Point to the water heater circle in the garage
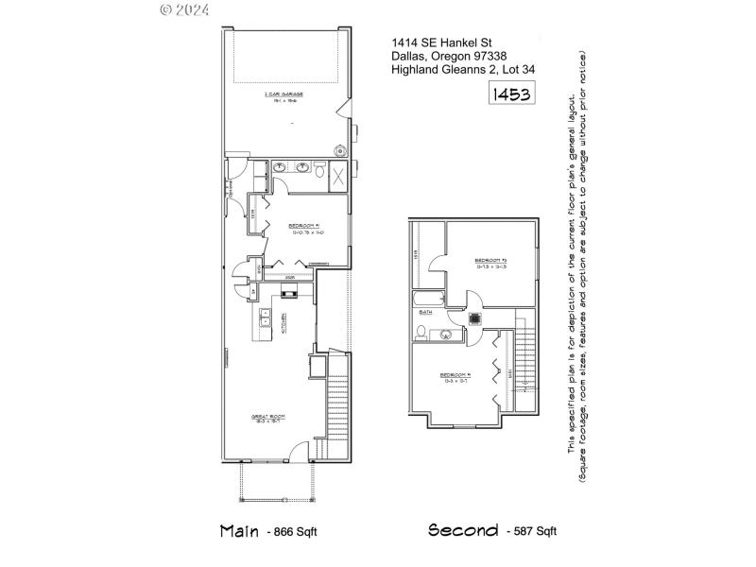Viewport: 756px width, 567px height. pyautogui.click(x=337, y=150)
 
